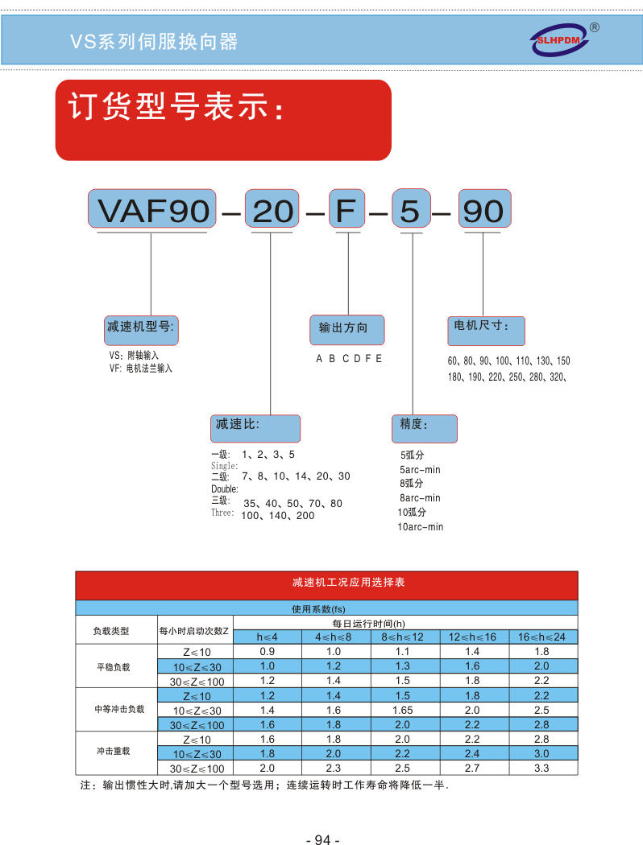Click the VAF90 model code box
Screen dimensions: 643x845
(152, 208)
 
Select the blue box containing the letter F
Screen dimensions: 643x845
(346, 208)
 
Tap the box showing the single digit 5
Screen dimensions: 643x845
(411, 208)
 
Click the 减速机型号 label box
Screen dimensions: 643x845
(141, 330)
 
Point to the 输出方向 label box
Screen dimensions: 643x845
(346, 330)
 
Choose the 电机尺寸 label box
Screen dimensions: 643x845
(486, 331)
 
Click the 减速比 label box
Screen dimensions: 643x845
(255, 428)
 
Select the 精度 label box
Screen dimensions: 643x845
(425, 428)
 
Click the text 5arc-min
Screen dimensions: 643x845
(420, 470)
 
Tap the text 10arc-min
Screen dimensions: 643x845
(421, 527)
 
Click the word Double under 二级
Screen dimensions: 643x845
(224, 489)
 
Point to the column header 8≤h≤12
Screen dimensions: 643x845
(402, 637)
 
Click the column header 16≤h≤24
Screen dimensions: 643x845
(541, 637)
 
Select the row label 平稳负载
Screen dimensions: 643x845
(114, 667)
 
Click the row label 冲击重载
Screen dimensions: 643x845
(114, 751)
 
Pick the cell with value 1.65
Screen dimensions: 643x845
(402, 711)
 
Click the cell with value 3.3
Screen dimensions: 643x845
(541, 768)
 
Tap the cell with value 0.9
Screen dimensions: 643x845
(267, 652)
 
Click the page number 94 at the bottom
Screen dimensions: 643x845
(322, 839)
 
